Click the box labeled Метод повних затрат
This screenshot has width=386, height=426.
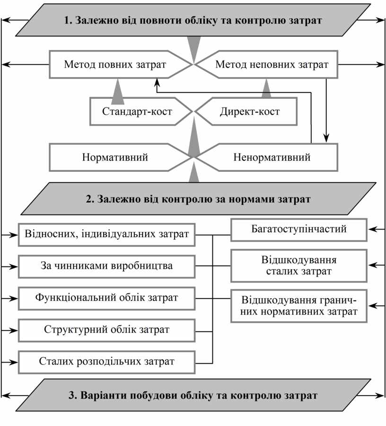[115, 64]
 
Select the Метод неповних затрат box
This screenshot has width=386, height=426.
[272, 64]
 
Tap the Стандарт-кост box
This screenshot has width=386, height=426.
[137, 112]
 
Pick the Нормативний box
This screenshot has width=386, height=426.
[115, 157]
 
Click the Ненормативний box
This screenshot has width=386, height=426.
[272, 157]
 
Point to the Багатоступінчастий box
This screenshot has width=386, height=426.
[299, 230]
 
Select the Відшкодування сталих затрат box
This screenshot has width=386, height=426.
[299, 266]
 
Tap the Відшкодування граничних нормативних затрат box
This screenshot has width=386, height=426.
[299, 306]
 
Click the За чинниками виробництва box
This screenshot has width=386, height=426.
[106, 266]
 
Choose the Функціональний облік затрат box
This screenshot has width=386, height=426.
[106, 298]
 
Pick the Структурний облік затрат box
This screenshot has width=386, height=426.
[106, 329]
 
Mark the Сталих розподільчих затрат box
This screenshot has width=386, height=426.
[106, 362]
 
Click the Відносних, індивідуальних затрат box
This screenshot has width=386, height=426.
[106, 234]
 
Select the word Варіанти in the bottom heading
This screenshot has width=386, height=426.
[102, 395]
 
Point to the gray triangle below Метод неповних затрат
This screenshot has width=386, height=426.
[267, 89]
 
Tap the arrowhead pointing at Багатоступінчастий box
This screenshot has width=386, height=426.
[372, 230]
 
